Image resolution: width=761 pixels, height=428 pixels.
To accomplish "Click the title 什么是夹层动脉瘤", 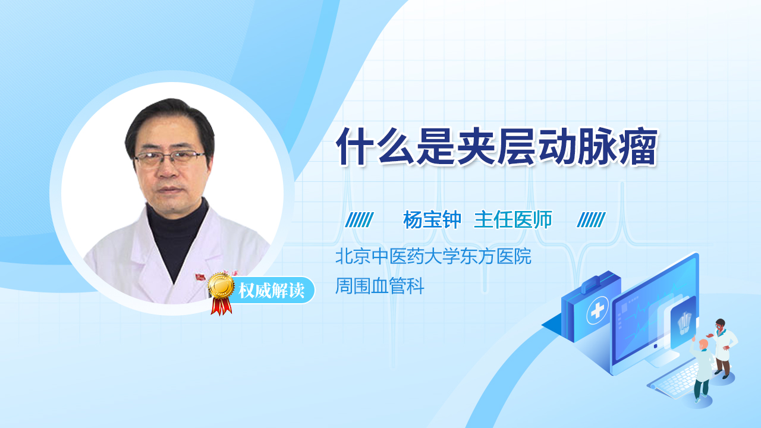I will point(496,146).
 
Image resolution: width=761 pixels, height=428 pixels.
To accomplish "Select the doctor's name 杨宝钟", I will point(432,220).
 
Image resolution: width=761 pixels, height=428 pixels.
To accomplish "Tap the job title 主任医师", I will point(513,220).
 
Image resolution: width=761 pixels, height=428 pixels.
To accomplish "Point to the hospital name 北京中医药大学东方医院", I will point(433,257).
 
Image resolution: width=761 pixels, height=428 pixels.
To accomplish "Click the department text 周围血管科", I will point(380,287).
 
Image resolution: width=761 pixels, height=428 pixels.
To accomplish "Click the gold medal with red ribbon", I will point(221,291).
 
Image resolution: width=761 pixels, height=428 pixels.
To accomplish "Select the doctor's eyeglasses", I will point(170,158).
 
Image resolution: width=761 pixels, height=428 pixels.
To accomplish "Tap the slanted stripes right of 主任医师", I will point(591,220).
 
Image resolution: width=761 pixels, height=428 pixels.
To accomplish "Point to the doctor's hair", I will point(169,116).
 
